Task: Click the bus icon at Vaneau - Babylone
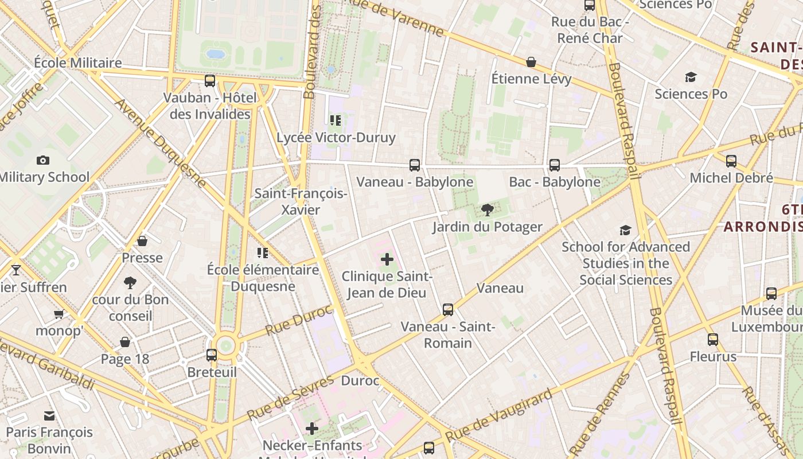415,165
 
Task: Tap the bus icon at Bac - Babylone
555,165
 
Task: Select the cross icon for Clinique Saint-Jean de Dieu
387,259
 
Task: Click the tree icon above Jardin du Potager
488,210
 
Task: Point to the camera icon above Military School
43,160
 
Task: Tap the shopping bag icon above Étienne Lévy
531,62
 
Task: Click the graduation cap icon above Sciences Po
691,77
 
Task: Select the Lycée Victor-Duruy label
336,138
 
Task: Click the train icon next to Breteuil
212,355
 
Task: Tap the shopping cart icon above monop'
59,314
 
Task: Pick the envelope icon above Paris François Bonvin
49,415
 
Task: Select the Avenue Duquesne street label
160,143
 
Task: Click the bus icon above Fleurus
713,340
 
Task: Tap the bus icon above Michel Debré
731,161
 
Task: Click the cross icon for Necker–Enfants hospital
311,429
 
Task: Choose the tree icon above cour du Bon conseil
130,282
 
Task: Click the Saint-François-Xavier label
301,201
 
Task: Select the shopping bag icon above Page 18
125,343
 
